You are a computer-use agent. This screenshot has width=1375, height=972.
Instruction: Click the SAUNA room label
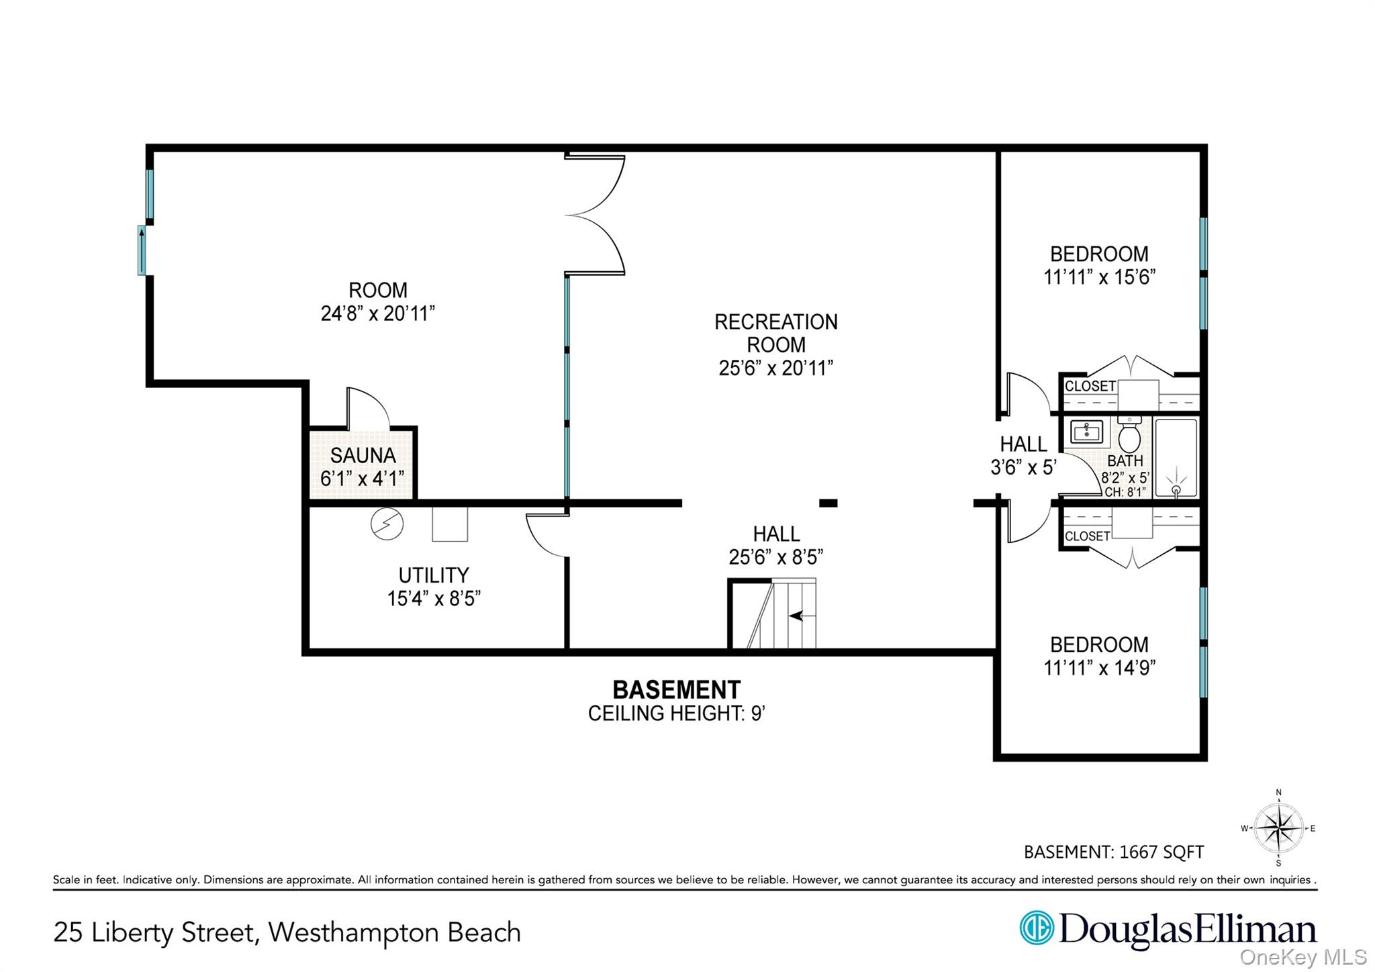[363, 456]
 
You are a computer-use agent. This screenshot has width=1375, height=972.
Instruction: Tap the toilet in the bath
[1129, 436]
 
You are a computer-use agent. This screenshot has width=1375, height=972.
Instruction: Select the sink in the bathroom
[1086, 432]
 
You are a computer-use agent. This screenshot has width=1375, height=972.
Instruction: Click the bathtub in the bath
[1176, 458]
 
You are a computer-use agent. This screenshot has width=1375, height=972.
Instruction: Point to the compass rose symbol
[1279, 828]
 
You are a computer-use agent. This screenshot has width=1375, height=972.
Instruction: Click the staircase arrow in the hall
[797, 615]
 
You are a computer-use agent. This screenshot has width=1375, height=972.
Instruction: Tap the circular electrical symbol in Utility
[387, 524]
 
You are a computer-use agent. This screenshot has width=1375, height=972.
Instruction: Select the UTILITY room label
[434, 575]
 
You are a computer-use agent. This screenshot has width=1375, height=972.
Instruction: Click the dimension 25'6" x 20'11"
[776, 368]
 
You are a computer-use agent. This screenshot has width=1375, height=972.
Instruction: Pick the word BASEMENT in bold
[676, 690]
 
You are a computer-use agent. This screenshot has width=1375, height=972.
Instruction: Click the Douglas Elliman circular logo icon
[1036, 928]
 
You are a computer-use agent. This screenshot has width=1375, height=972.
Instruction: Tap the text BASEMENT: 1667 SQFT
[1113, 853]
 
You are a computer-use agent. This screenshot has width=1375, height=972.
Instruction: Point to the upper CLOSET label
[1090, 386]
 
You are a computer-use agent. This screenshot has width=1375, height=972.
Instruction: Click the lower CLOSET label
[1087, 536]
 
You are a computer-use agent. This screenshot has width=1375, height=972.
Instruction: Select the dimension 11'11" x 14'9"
[1099, 668]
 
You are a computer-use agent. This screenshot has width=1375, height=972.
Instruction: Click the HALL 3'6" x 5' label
[1023, 455]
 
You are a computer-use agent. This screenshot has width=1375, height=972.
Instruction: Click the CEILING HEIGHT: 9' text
[677, 714]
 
